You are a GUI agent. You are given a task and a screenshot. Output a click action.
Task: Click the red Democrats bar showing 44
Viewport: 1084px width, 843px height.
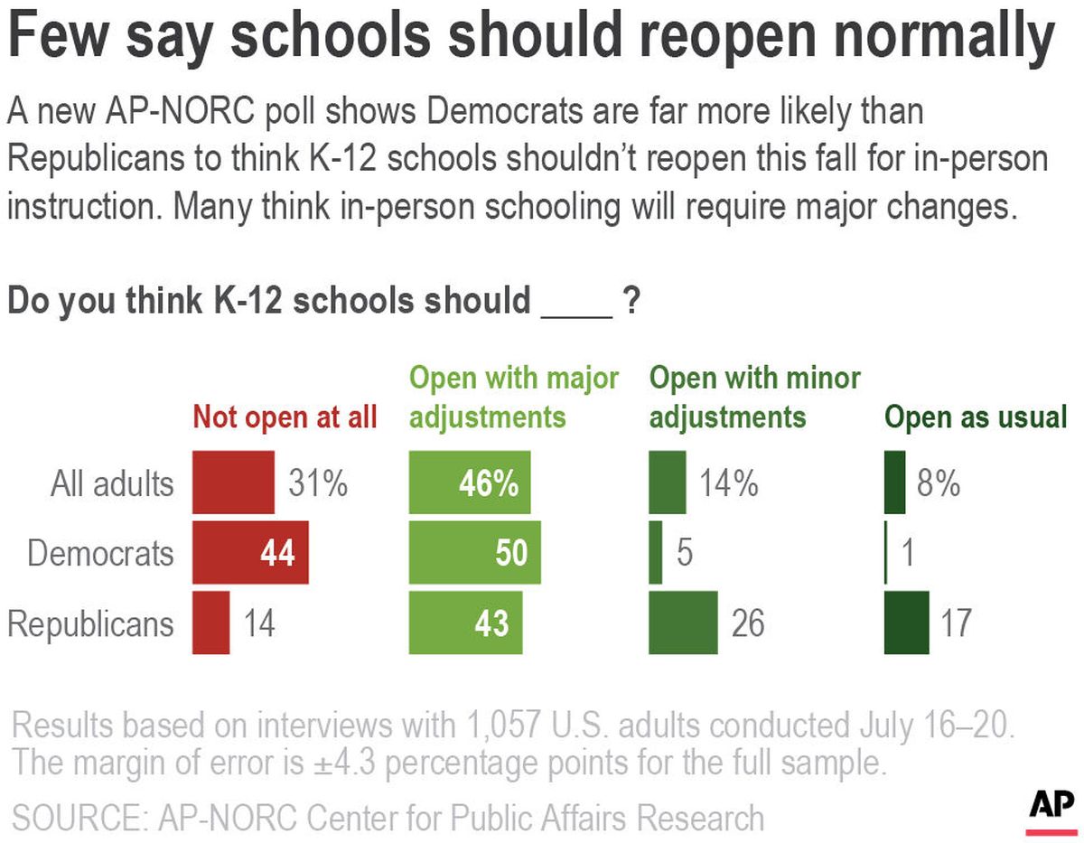250,552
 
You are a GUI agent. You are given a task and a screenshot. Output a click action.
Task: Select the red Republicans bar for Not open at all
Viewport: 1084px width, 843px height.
211,623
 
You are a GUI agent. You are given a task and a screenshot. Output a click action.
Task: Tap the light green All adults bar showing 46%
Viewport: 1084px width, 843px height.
470,483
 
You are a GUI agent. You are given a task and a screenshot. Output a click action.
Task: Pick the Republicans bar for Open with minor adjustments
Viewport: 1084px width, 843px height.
683,623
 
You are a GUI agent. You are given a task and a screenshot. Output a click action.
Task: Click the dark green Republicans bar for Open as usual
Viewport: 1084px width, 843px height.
906,623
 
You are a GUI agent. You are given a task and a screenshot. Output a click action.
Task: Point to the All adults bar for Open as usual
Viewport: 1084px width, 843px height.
894,483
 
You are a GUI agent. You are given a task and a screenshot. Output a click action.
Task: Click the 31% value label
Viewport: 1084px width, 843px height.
317,484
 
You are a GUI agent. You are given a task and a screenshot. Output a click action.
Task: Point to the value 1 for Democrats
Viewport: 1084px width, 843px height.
908,553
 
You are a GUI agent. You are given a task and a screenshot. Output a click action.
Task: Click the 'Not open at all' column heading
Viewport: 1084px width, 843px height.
285,417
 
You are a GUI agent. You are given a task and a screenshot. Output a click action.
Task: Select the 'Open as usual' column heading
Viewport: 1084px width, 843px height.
976,417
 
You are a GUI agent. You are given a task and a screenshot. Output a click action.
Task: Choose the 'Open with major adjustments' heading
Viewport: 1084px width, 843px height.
514,397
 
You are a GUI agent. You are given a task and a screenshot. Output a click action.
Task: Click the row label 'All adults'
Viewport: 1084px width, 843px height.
111,483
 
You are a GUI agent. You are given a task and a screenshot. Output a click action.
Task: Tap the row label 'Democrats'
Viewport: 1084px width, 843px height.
100,553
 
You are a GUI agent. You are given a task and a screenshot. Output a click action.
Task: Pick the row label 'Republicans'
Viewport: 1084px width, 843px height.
90,623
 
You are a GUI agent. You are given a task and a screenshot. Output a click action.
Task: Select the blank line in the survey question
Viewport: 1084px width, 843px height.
576,303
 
